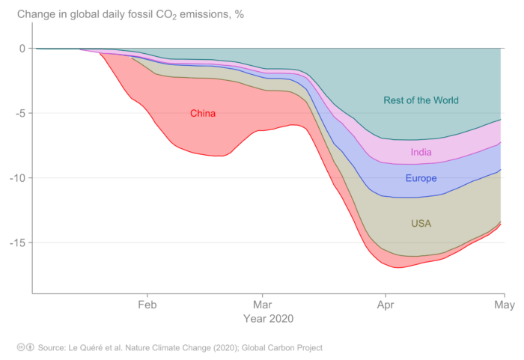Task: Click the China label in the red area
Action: pos(202,114)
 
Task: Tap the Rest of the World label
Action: pos(421,100)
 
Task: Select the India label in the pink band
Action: pos(421,153)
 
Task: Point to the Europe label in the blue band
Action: pos(421,179)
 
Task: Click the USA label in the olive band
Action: pos(421,223)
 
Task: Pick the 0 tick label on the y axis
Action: pos(22,49)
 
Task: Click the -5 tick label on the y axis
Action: pos(19,114)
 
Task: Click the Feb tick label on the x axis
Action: pos(147,305)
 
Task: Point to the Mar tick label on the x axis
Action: pos(263,305)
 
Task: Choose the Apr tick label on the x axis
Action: pos(386,305)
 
